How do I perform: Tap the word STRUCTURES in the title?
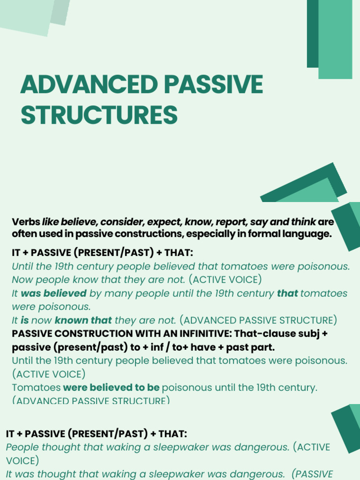click(99, 115)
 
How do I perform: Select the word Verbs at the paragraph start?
click(26, 222)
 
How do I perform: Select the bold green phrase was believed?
click(54, 293)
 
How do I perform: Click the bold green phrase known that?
click(83, 320)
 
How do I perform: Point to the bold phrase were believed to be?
click(111, 388)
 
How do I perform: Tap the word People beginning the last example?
click(22, 447)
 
